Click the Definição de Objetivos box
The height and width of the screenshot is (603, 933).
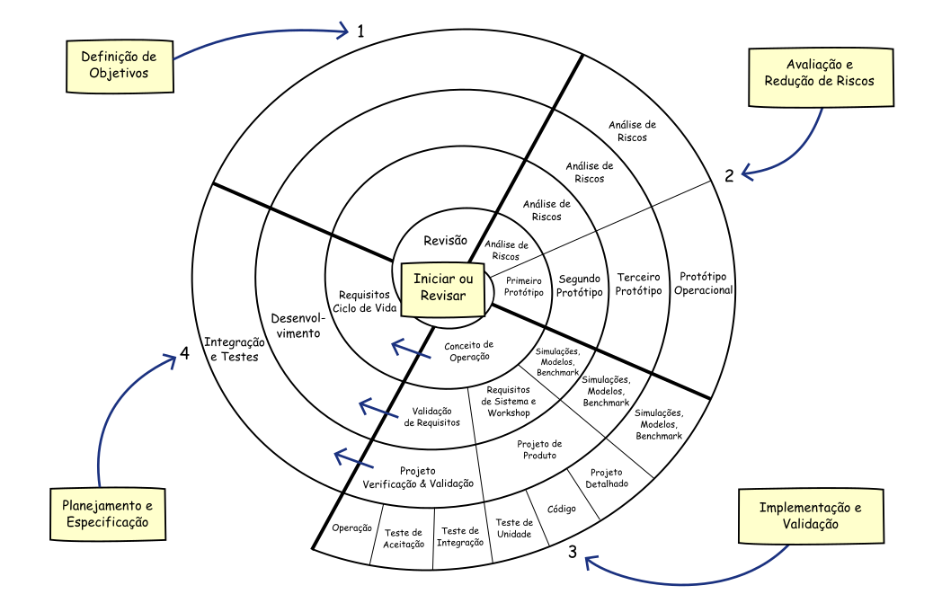click(x=120, y=66)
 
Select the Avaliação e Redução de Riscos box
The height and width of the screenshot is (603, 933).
click(x=821, y=76)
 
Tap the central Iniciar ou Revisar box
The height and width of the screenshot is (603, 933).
click(x=443, y=290)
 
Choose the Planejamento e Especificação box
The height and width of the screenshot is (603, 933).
click(x=108, y=514)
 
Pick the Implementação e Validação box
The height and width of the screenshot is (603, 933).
click(x=811, y=516)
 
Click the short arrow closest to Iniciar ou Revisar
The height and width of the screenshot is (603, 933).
click(x=412, y=350)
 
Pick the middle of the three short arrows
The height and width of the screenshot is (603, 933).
click(x=378, y=410)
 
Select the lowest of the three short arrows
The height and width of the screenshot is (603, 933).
click(x=354, y=460)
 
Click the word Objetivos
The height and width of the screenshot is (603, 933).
click(x=120, y=74)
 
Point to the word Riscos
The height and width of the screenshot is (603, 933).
click(x=853, y=81)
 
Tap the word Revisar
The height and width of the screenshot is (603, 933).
click(x=443, y=296)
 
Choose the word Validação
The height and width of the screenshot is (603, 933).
click(x=811, y=525)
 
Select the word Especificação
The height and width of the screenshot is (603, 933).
click(x=108, y=522)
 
